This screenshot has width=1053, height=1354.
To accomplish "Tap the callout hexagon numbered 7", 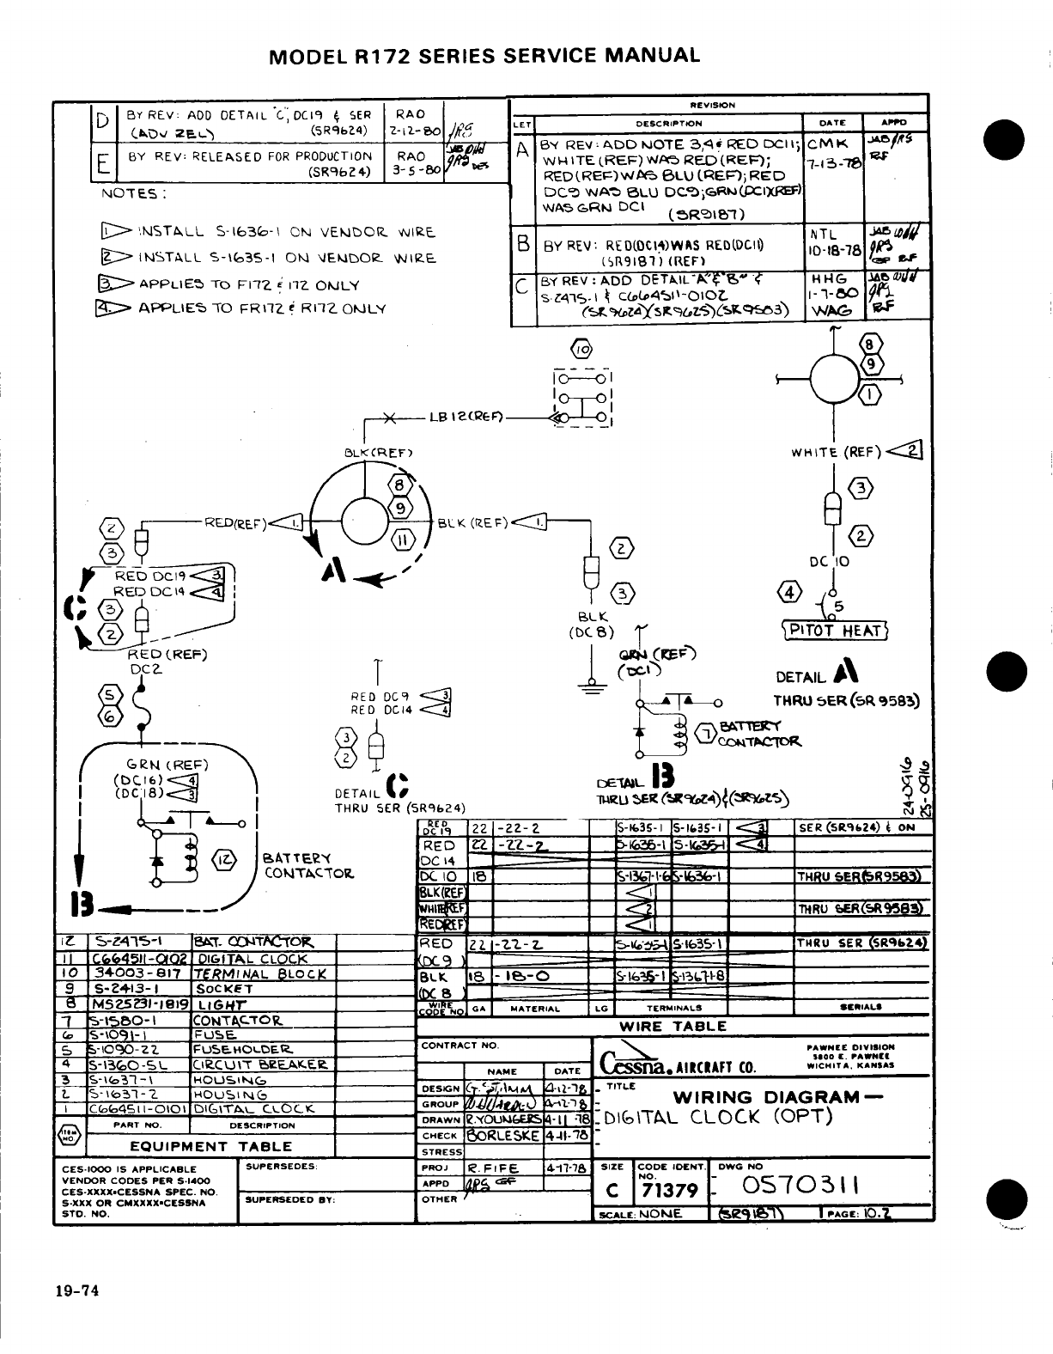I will pos(706,734).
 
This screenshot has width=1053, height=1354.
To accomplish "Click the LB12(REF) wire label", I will pos(466,418).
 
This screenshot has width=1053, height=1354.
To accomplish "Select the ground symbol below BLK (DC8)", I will pos(590,686).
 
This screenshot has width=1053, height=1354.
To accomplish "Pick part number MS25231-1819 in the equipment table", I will pos(137,1003).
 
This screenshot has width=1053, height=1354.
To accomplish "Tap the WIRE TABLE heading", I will pos(673,1026).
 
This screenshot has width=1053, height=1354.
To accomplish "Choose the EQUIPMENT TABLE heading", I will pos(210,1146).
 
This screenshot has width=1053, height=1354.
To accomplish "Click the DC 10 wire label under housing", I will pos(830,561).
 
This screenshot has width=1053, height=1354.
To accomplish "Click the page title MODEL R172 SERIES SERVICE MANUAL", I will pos(484,56).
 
